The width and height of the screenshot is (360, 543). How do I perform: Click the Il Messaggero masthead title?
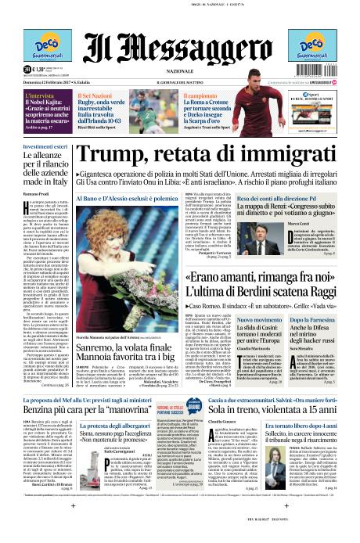pos(179,37)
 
